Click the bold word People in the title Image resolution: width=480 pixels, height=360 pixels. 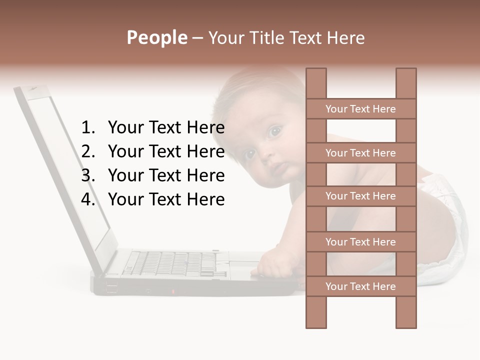click(156, 37)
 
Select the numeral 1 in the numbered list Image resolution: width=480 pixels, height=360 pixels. click(87, 128)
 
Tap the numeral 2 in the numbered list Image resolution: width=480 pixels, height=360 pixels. click(87, 151)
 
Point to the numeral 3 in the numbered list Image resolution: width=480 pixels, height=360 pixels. click(87, 175)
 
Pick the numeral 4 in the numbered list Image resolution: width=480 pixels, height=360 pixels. click(87, 199)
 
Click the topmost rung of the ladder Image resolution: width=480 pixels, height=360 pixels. click(361, 108)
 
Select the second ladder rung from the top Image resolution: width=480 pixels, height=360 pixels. click(361, 152)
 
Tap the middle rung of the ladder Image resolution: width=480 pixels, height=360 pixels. click(361, 196)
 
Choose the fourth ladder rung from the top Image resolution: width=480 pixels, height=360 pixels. click(361, 241)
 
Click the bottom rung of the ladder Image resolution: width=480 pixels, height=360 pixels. click(361, 286)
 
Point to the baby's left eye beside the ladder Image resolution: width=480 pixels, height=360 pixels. click(274, 131)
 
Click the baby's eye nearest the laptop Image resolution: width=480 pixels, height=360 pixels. click(249, 153)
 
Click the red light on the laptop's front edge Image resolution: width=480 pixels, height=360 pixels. click(173, 291)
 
